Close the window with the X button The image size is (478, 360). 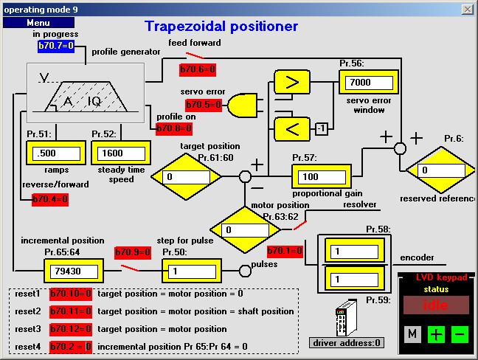[467, 9]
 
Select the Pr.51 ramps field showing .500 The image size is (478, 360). [56, 153]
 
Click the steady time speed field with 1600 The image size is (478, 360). [119, 153]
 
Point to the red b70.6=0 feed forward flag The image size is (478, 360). [197, 69]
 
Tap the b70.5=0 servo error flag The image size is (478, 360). [204, 105]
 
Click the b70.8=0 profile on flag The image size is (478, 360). [174, 127]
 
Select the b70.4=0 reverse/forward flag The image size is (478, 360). [50, 199]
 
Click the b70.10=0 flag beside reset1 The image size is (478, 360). [71, 293]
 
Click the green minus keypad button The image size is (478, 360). [460, 333]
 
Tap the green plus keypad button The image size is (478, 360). [437, 333]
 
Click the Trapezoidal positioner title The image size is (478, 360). [221, 27]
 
